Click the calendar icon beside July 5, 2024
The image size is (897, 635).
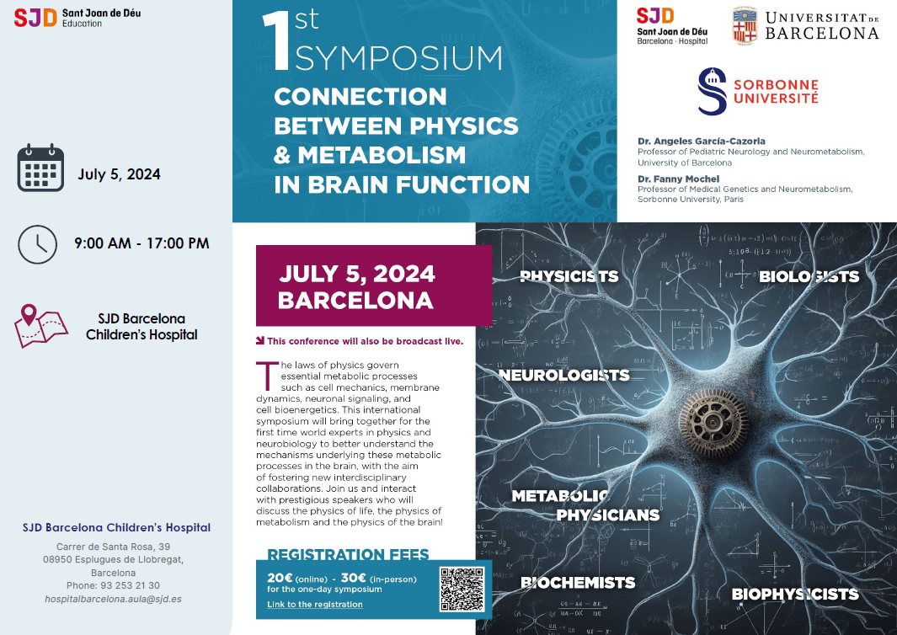(40, 168)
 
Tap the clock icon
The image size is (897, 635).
(38, 244)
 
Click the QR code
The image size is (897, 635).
(462, 590)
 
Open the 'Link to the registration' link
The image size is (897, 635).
(315, 604)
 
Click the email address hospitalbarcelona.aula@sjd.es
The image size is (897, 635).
(113, 599)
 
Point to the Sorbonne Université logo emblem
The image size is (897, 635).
(713, 91)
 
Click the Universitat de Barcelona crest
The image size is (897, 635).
(745, 26)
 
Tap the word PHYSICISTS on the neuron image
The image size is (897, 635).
(569, 276)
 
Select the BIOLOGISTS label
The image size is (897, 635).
(809, 277)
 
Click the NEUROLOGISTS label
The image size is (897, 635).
(564, 376)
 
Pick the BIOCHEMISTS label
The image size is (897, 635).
(578, 583)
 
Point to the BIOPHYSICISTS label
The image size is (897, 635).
(795, 595)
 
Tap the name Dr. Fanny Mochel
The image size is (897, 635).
(679, 179)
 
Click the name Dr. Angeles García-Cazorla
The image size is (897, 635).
(702, 141)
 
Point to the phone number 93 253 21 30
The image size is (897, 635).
(130, 586)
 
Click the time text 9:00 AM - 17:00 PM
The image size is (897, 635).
(141, 243)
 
